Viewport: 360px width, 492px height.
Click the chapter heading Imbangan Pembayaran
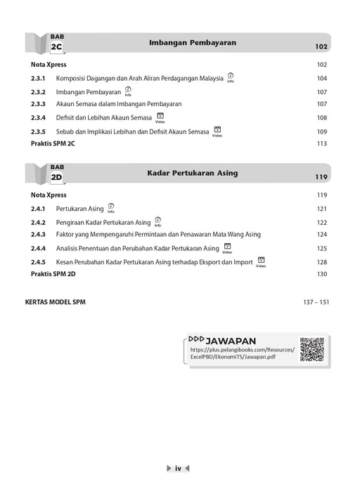(191, 43)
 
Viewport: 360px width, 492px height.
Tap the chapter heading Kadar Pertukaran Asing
(192, 172)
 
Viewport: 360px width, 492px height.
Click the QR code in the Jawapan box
(311, 349)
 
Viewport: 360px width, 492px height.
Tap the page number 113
(322, 143)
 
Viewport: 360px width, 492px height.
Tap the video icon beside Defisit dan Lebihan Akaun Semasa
(160, 116)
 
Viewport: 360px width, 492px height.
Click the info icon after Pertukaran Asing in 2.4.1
(111, 207)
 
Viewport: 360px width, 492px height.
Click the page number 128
(322, 261)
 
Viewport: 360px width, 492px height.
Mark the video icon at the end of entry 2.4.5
(261, 260)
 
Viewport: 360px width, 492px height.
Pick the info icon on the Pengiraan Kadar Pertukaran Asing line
(157, 221)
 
